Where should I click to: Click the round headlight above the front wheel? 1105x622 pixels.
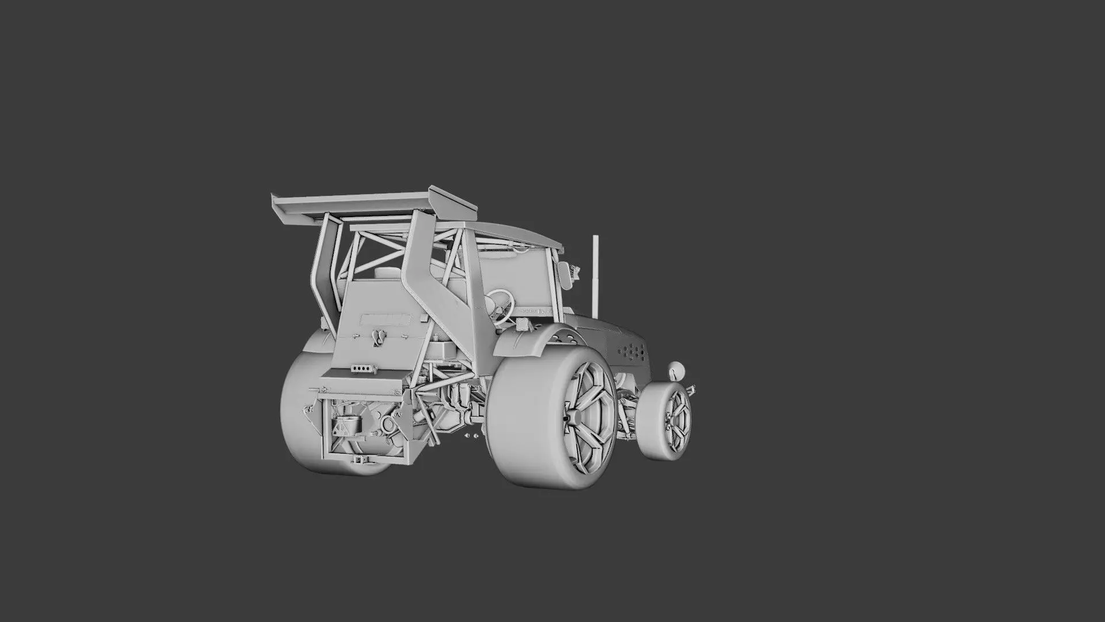coord(675,370)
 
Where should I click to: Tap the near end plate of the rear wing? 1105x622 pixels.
coord(453,202)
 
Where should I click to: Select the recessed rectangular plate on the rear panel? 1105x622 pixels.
coord(385,318)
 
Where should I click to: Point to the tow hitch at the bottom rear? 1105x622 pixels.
coord(360,476)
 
